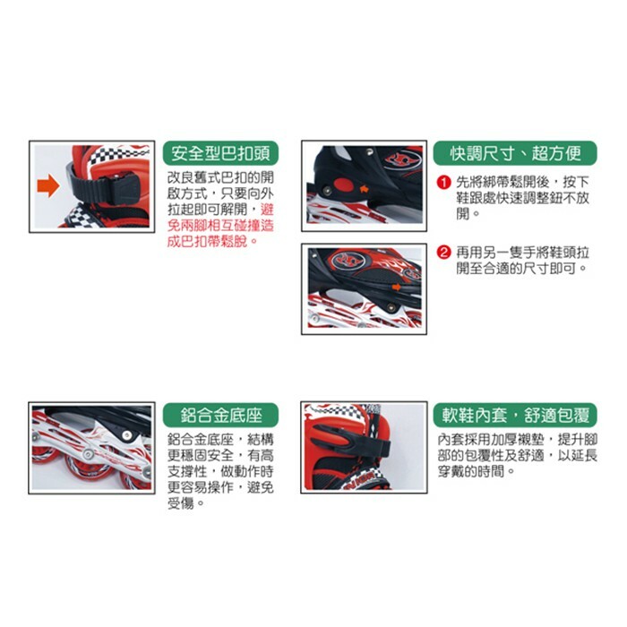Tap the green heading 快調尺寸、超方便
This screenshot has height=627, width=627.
[515, 152]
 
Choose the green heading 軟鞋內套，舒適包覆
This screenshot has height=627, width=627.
[515, 416]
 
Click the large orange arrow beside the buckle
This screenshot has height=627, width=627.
[47, 186]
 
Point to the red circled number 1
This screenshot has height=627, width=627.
[442, 183]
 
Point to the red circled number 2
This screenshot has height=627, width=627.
[442, 252]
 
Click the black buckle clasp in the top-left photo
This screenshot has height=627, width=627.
[112, 188]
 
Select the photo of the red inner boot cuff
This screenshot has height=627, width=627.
[363, 448]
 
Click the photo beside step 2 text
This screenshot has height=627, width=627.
[363, 288]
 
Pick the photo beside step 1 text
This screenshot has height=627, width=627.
[363, 185]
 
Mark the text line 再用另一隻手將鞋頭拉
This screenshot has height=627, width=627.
[521, 252]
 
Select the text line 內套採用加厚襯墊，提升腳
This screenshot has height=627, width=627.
[518, 439]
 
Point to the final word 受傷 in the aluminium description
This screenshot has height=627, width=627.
[183, 503]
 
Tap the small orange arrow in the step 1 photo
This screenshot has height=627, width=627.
[363, 190]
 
